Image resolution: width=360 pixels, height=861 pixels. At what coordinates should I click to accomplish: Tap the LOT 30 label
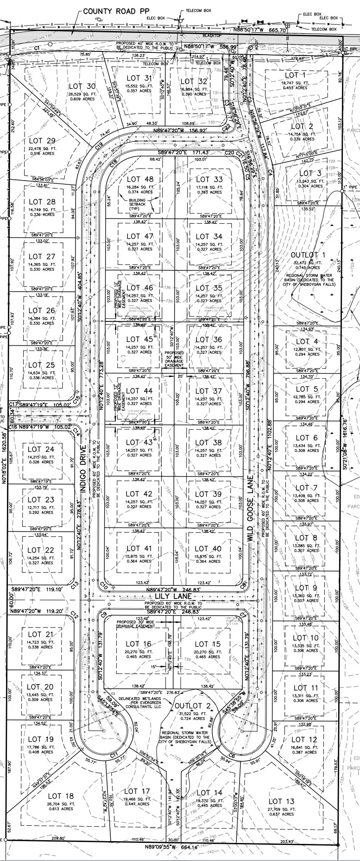point(82,86)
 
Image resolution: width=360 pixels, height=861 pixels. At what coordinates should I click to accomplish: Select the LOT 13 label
point(281,801)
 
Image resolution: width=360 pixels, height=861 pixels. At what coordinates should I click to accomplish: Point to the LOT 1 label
point(295,75)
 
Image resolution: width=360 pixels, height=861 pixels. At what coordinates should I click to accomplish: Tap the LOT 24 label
point(41,449)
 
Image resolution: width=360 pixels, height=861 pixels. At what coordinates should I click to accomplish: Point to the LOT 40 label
point(208,548)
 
